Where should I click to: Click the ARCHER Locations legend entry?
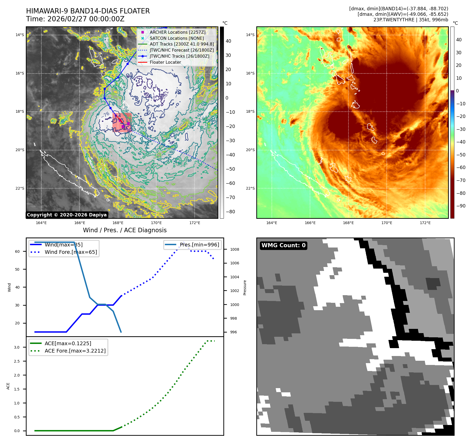[x=177, y=32]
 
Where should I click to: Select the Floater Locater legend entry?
[x=165, y=62]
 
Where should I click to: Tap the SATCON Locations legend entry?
[x=176, y=38]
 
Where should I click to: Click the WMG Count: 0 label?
[x=283, y=245]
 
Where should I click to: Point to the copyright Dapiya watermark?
[x=67, y=215]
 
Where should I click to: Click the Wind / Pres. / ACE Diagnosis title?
[x=125, y=230]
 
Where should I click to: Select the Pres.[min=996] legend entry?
[x=199, y=245]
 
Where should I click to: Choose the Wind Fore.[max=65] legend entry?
[x=71, y=252]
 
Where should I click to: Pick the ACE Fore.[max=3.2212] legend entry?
[x=75, y=351]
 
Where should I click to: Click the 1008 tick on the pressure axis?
[x=234, y=249]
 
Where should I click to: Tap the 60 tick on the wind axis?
[x=17, y=251]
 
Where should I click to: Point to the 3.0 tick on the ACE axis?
[x=17, y=347]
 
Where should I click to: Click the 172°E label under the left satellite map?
[x=195, y=223]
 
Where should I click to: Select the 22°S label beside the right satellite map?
[x=250, y=188]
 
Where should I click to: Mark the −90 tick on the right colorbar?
[x=461, y=206]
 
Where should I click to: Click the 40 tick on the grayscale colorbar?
[x=228, y=41]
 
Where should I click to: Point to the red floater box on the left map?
[x=122, y=122]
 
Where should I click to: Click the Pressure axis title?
[x=245, y=288]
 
